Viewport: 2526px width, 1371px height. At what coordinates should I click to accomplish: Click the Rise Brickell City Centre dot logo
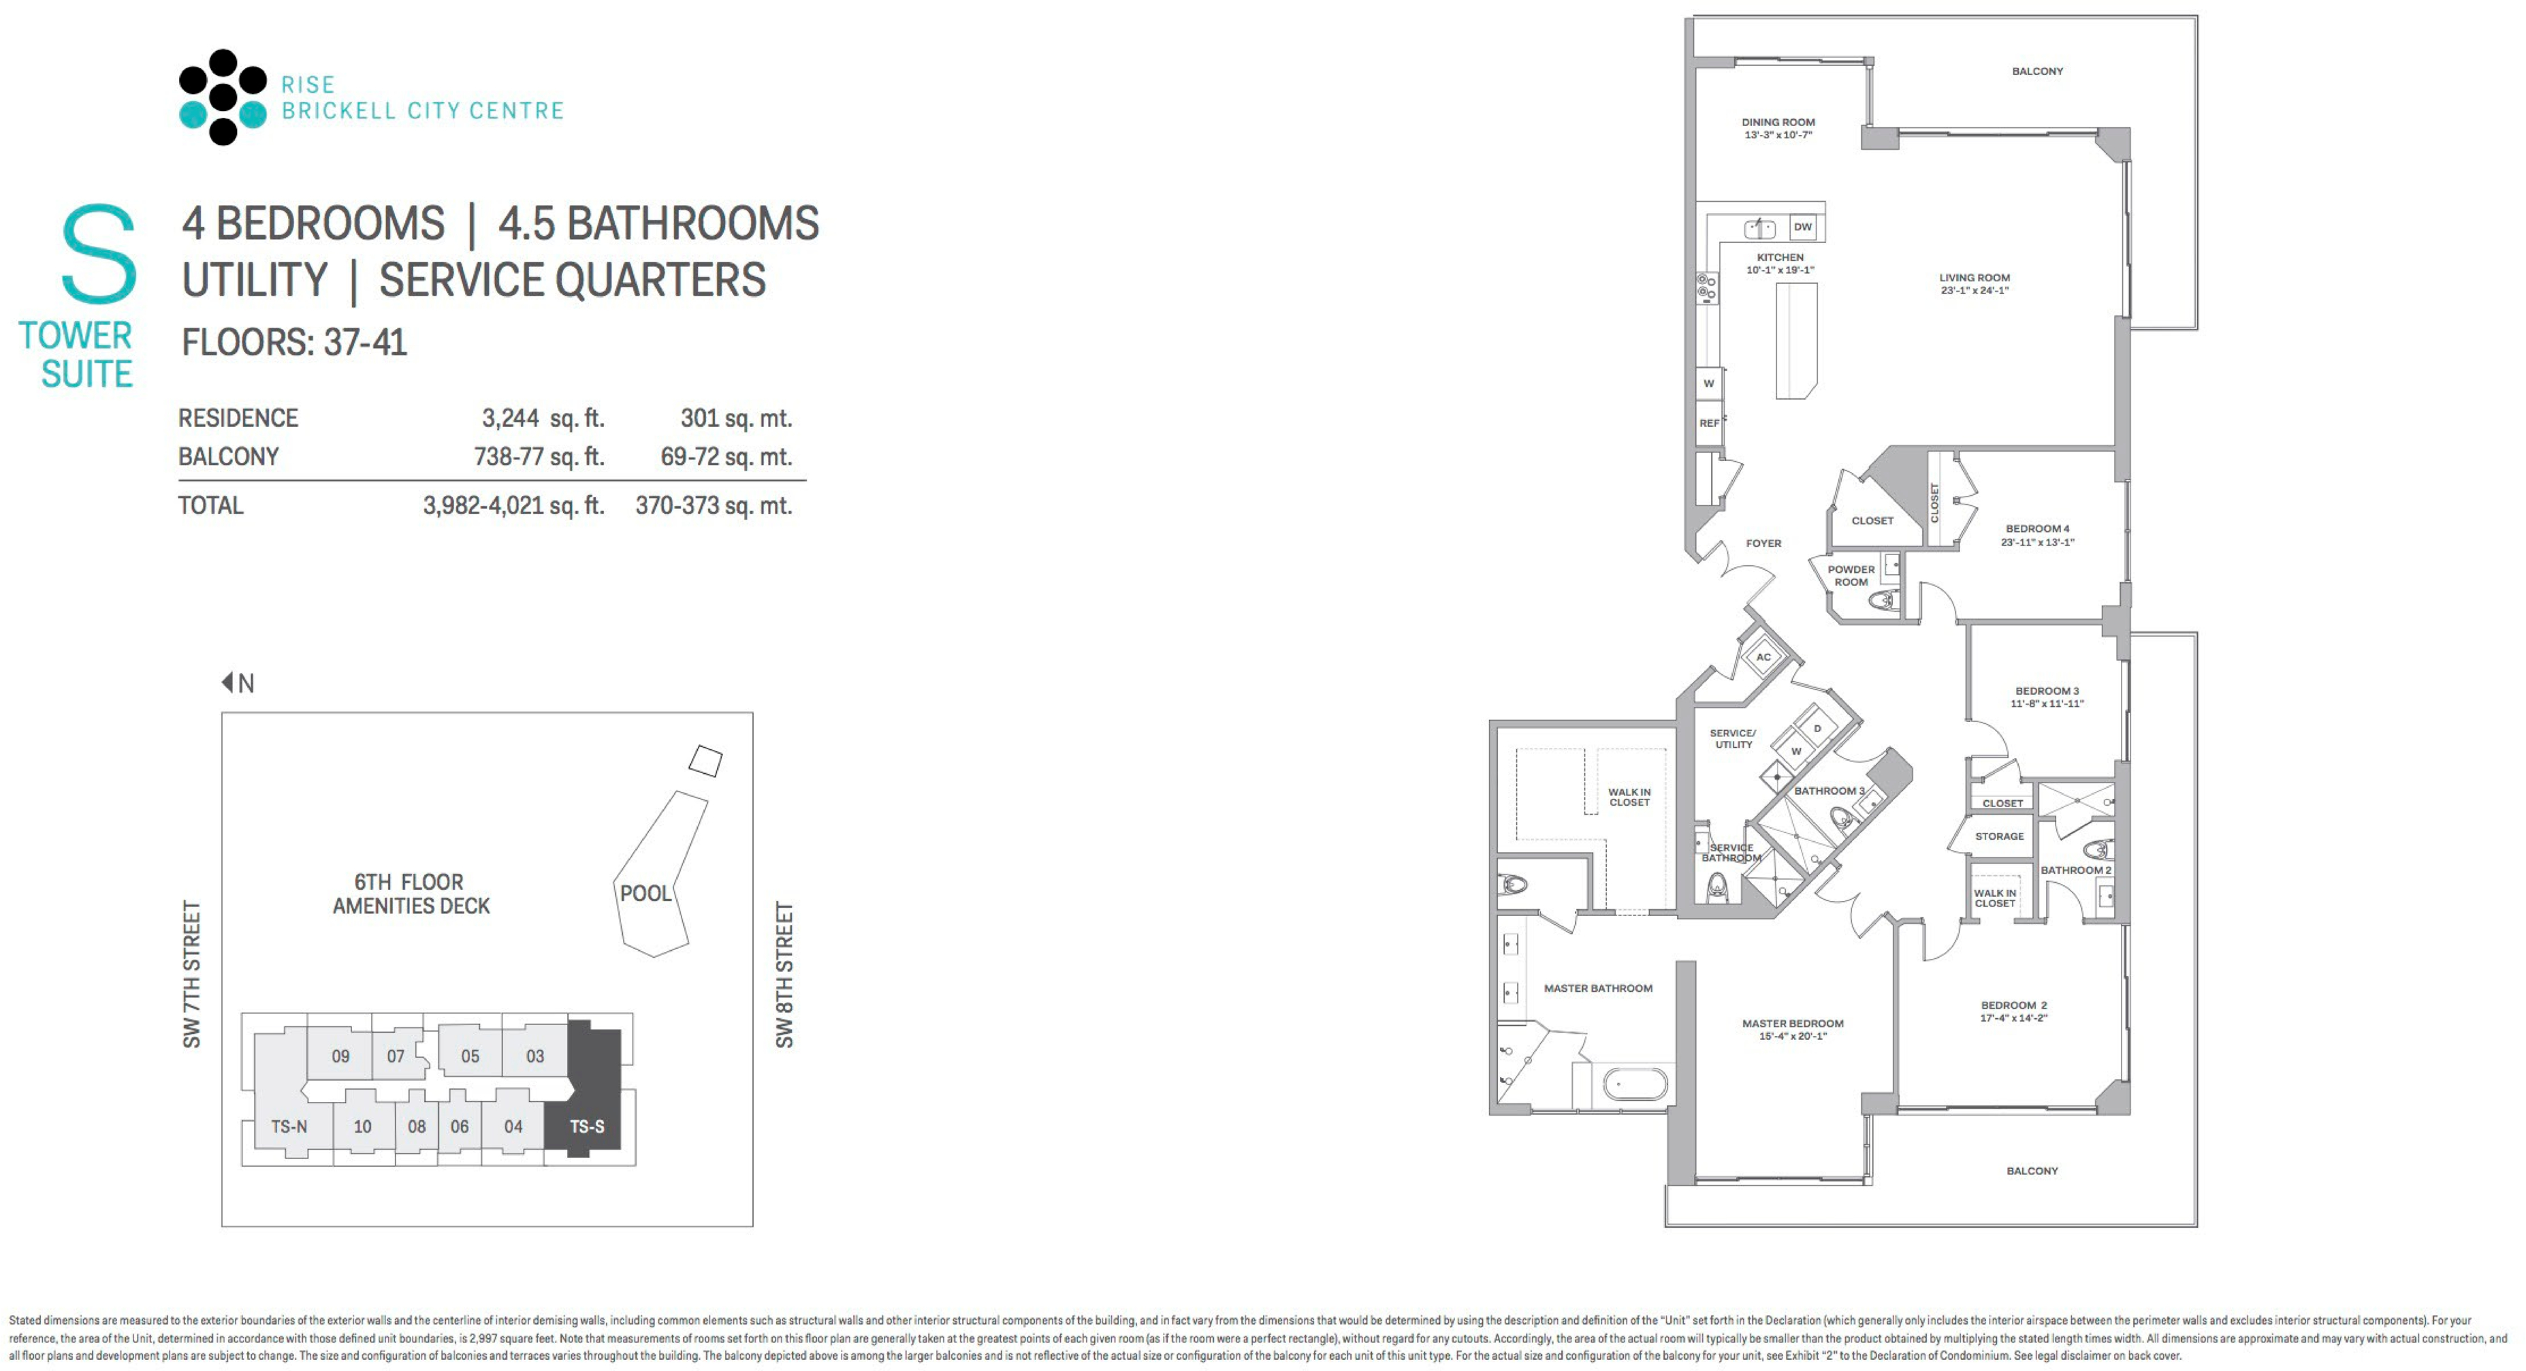[x=223, y=97]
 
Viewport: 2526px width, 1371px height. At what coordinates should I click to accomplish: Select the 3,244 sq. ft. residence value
[x=542, y=419]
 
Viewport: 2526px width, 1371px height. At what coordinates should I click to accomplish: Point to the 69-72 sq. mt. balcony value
[x=726, y=457]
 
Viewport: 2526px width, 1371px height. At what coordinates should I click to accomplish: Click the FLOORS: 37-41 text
[x=294, y=343]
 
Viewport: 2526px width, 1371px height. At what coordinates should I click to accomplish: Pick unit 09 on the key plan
[x=340, y=1056]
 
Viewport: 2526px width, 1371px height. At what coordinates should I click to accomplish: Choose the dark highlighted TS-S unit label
[x=588, y=1126]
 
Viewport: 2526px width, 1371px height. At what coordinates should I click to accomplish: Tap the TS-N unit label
[x=289, y=1126]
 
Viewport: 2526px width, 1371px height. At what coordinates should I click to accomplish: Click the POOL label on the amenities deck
[x=645, y=894]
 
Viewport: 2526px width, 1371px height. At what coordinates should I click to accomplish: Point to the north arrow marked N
[x=238, y=682]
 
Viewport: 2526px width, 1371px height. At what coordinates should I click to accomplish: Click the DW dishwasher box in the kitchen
[x=1802, y=227]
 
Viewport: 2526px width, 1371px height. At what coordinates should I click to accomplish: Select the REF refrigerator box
[x=1709, y=424]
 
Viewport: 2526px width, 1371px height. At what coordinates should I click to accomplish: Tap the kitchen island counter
[x=1796, y=341]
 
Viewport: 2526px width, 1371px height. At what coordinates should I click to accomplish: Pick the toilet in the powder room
[x=1882, y=600]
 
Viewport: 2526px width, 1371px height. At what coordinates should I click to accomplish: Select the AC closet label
[x=1763, y=657]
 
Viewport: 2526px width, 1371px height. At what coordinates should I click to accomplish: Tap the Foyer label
[x=1763, y=543]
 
